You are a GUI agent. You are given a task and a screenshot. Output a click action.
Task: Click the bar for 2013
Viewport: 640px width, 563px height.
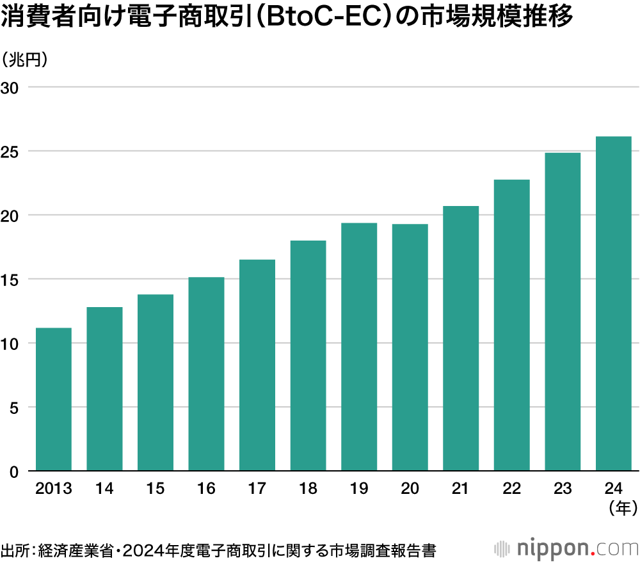coord(53,399)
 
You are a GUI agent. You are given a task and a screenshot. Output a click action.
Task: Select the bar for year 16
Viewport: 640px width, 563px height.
coord(206,374)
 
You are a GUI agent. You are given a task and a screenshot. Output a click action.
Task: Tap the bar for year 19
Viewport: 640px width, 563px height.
coord(359,347)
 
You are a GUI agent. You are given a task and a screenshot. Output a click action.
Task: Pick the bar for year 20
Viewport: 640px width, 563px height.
coord(410,347)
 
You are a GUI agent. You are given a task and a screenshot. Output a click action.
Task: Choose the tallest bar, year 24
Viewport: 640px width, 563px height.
coord(613,304)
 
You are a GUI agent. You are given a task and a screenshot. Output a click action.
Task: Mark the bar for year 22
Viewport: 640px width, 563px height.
coord(511,325)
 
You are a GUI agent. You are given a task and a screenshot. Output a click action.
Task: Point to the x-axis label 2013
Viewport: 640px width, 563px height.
coord(53,489)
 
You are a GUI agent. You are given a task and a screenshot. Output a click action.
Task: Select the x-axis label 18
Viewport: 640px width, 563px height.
coord(308,489)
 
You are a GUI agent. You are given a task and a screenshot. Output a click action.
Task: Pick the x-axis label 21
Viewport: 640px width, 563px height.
coord(461,489)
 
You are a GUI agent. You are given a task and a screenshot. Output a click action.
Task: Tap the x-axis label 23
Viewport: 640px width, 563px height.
coord(563,489)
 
